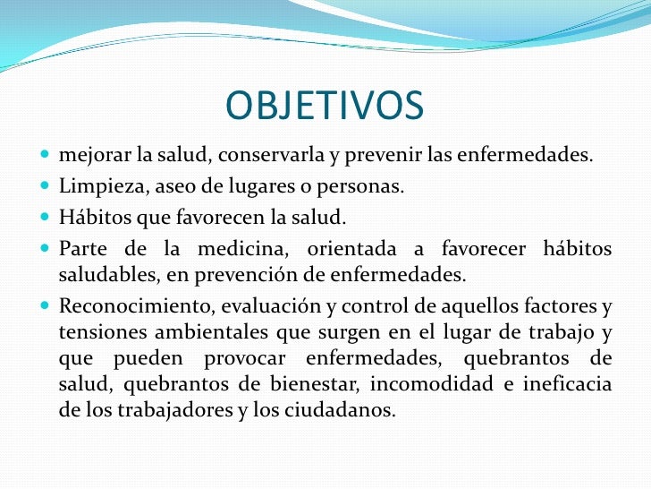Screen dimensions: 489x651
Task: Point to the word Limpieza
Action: (x=92, y=188)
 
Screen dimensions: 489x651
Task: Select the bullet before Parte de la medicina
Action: (x=47, y=248)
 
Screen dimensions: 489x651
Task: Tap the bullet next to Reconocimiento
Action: (x=47, y=308)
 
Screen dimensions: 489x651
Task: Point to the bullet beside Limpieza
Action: (x=47, y=188)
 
